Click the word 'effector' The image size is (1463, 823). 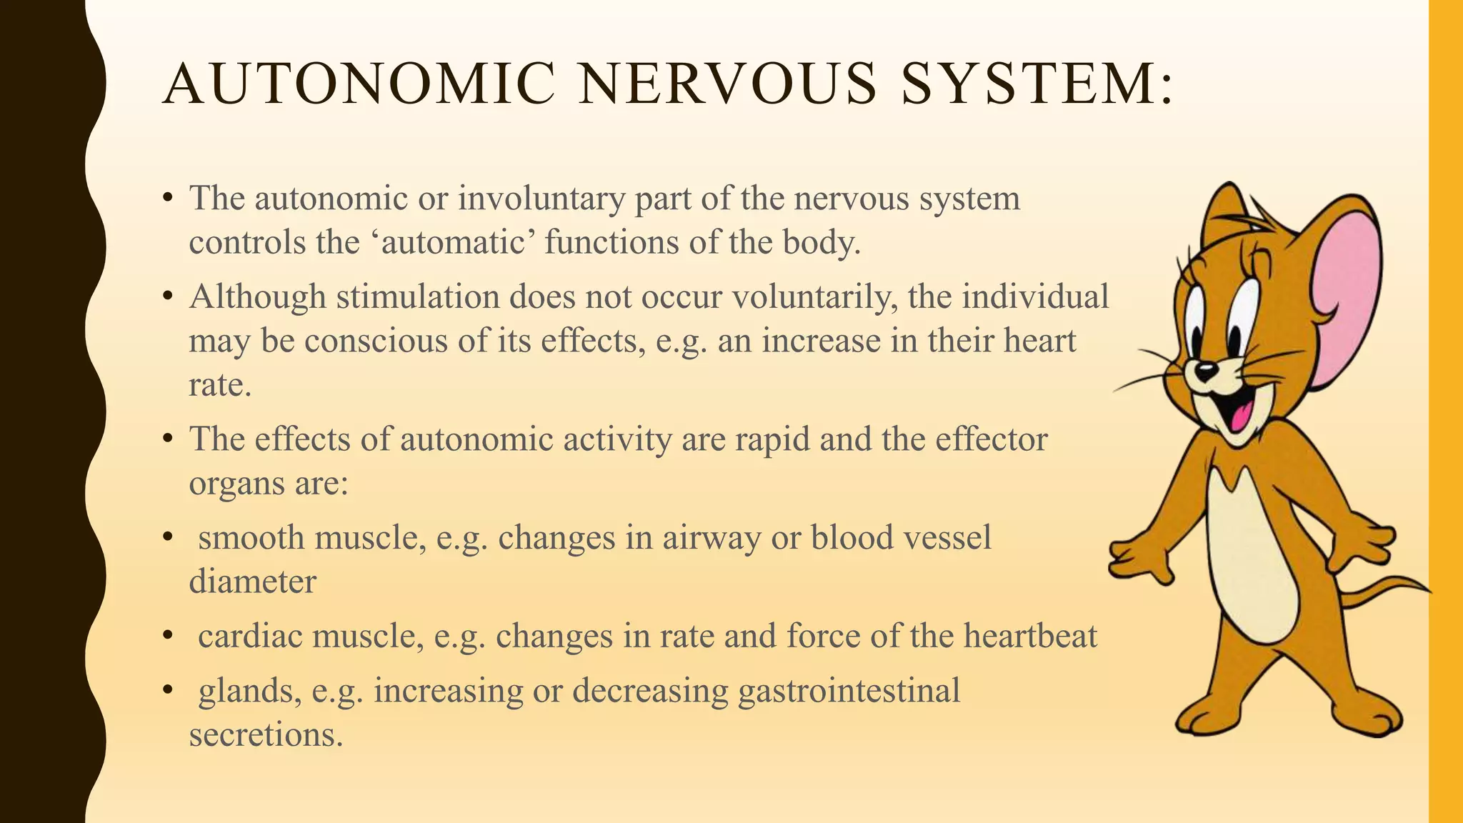(x=991, y=439)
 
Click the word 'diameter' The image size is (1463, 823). (x=252, y=582)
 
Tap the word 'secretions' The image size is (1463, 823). (x=265, y=734)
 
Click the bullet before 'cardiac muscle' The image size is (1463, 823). (x=168, y=635)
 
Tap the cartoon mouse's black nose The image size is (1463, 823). (x=1206, y=370)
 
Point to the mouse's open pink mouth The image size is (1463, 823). (x=1242, y=414)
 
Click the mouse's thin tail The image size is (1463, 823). (x=1386, y=589)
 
